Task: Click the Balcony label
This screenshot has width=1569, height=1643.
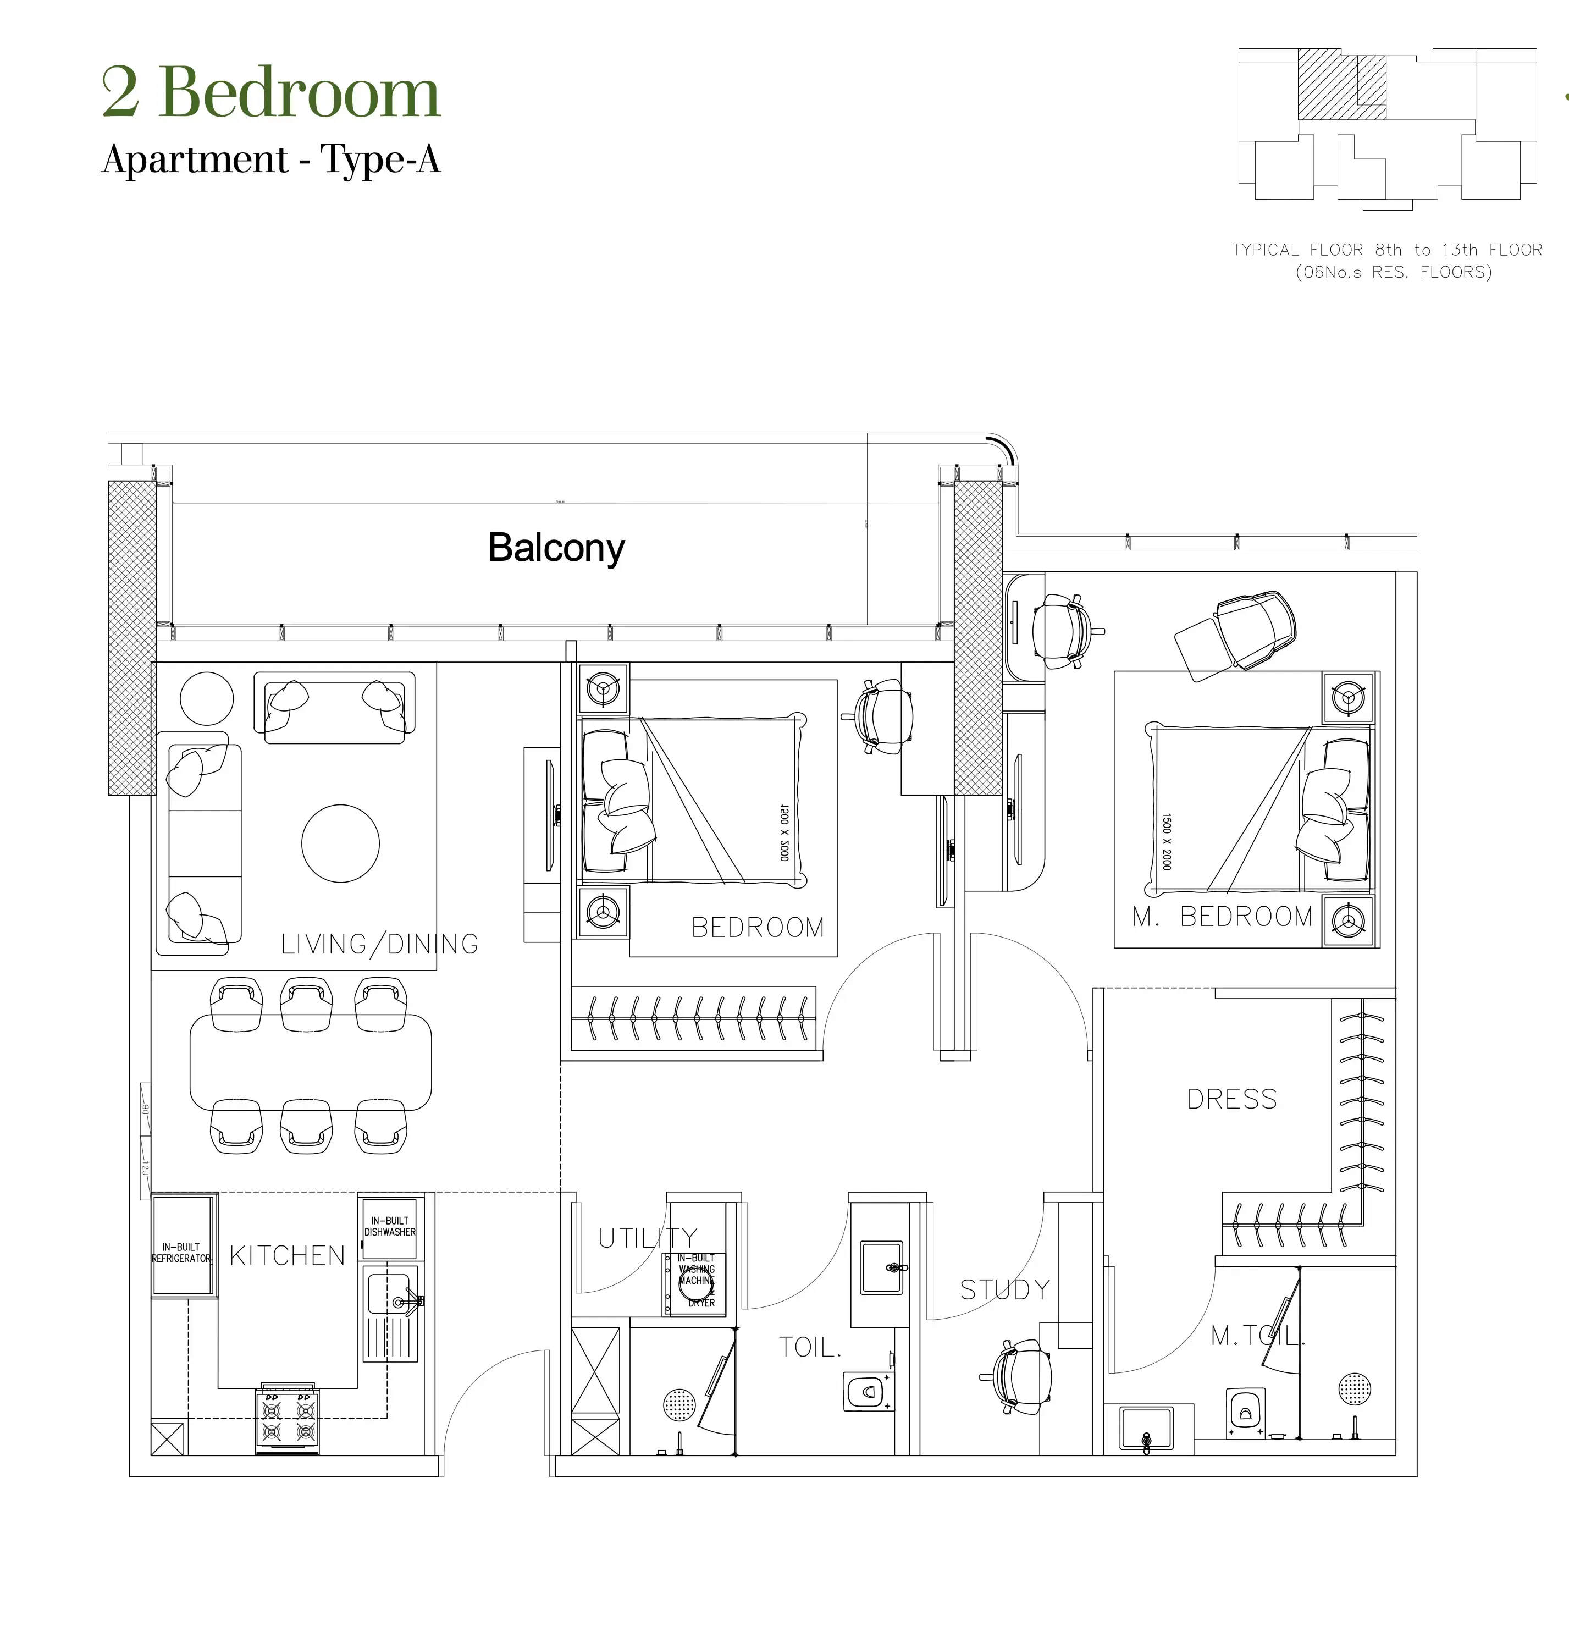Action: (556, 548)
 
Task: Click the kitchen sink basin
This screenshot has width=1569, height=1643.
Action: (388, 1294)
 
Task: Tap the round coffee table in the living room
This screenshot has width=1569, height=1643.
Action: (340, 843)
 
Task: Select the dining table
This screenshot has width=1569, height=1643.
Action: (310, 1062)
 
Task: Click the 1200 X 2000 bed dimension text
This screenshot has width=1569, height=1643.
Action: (783, 832)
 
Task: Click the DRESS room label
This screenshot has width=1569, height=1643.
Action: (1232, 1099)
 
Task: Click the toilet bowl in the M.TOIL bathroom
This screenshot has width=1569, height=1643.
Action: (1245, 1412)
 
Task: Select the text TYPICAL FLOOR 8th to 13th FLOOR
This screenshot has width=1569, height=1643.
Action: (1386, 249)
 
